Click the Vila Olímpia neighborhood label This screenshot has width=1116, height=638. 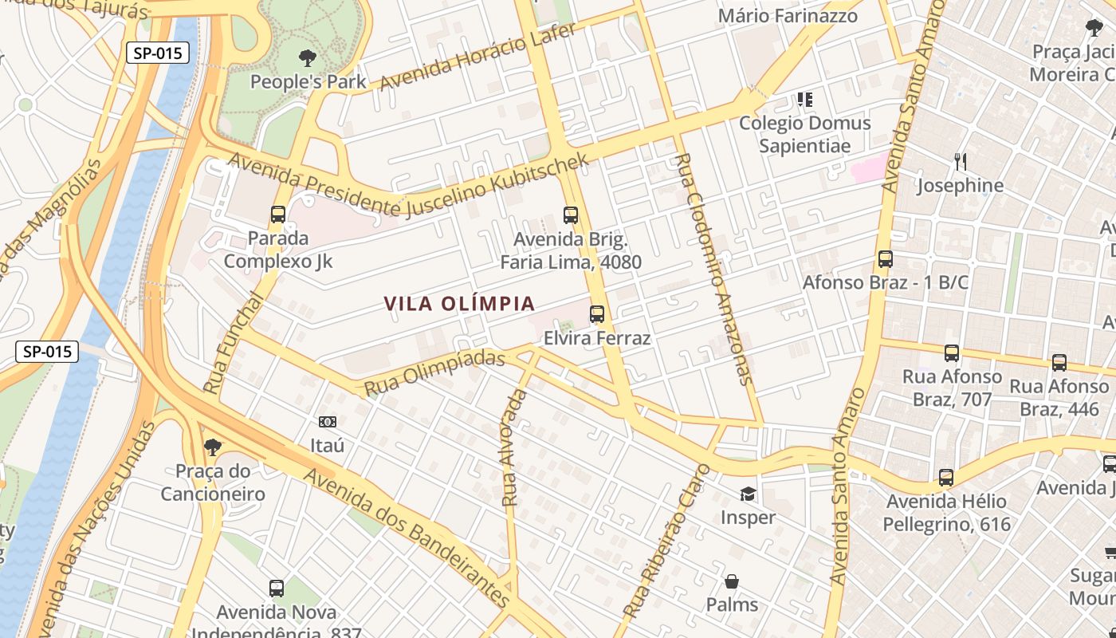click(459, 304)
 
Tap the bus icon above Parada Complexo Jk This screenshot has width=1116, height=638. click(278, 214)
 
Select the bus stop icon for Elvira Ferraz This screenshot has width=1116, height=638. click(597, 314)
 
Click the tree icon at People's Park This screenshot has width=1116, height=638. click(307, 57)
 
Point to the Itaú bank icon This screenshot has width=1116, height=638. click(327, 422)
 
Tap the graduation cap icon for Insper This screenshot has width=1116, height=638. click(748, 494)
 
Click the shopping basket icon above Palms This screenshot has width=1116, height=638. click(732, 581)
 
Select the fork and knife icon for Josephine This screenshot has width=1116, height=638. click(960, 162)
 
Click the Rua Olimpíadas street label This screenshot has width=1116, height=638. click(434, 372)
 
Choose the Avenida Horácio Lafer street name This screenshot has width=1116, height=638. click(478, 58)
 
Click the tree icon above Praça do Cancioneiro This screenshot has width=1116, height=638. click(212, 446)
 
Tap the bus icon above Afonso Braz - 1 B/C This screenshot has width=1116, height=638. click(885, 259)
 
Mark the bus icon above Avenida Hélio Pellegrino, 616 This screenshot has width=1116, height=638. click(946, 478)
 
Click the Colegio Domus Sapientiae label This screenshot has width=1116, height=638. click(805, 134)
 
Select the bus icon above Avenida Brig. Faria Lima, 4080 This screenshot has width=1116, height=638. click(571, 215)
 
